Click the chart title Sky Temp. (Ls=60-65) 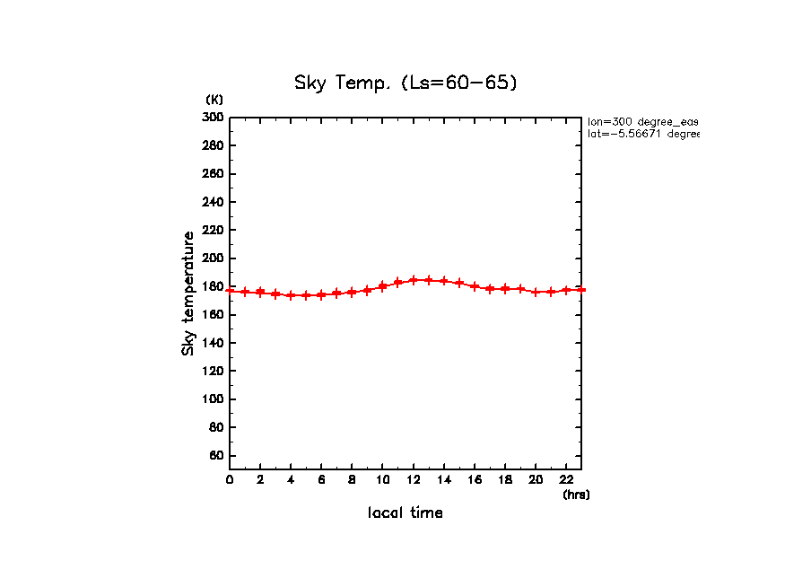[405, 83]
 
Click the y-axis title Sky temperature [188, 293]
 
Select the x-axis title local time [405, 513]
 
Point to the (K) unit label [214, 99]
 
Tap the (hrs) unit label [576, 495]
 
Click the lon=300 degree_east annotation [642, 121]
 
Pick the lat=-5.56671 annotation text [642, 134]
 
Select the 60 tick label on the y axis [216, 456]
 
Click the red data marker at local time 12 [414, 280]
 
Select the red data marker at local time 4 [291, 295]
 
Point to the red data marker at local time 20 [536, 292]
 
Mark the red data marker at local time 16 [475, 286]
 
